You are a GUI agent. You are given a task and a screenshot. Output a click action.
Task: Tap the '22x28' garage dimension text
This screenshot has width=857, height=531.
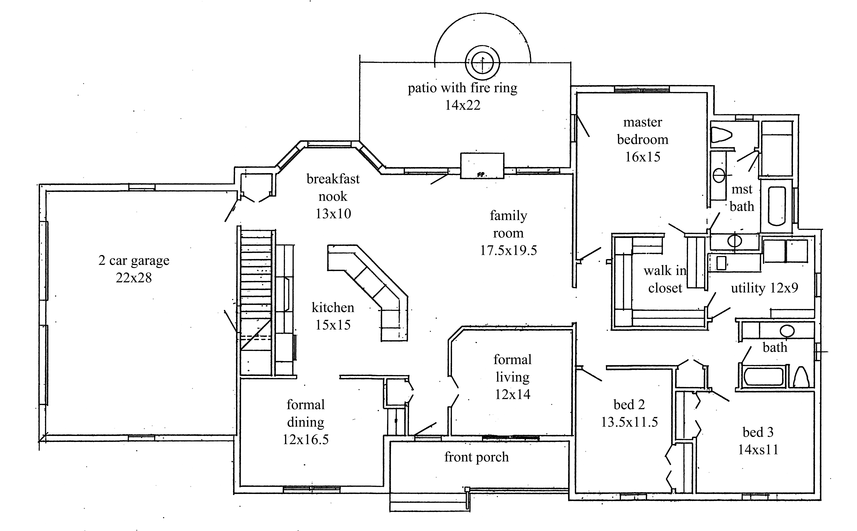(134, 278)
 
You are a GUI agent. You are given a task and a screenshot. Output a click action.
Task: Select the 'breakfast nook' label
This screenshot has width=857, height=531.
(333, 188)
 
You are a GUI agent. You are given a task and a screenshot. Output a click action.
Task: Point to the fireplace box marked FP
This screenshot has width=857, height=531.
(482, 166)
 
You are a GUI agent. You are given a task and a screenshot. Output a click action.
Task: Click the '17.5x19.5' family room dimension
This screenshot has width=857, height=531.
(508, 250)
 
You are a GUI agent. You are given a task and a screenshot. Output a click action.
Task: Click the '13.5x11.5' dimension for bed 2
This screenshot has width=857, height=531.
(629, 422)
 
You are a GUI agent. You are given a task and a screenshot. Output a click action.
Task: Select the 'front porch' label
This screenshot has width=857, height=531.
(476, 457)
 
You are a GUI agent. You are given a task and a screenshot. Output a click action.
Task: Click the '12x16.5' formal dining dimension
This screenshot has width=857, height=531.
(306, 439)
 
